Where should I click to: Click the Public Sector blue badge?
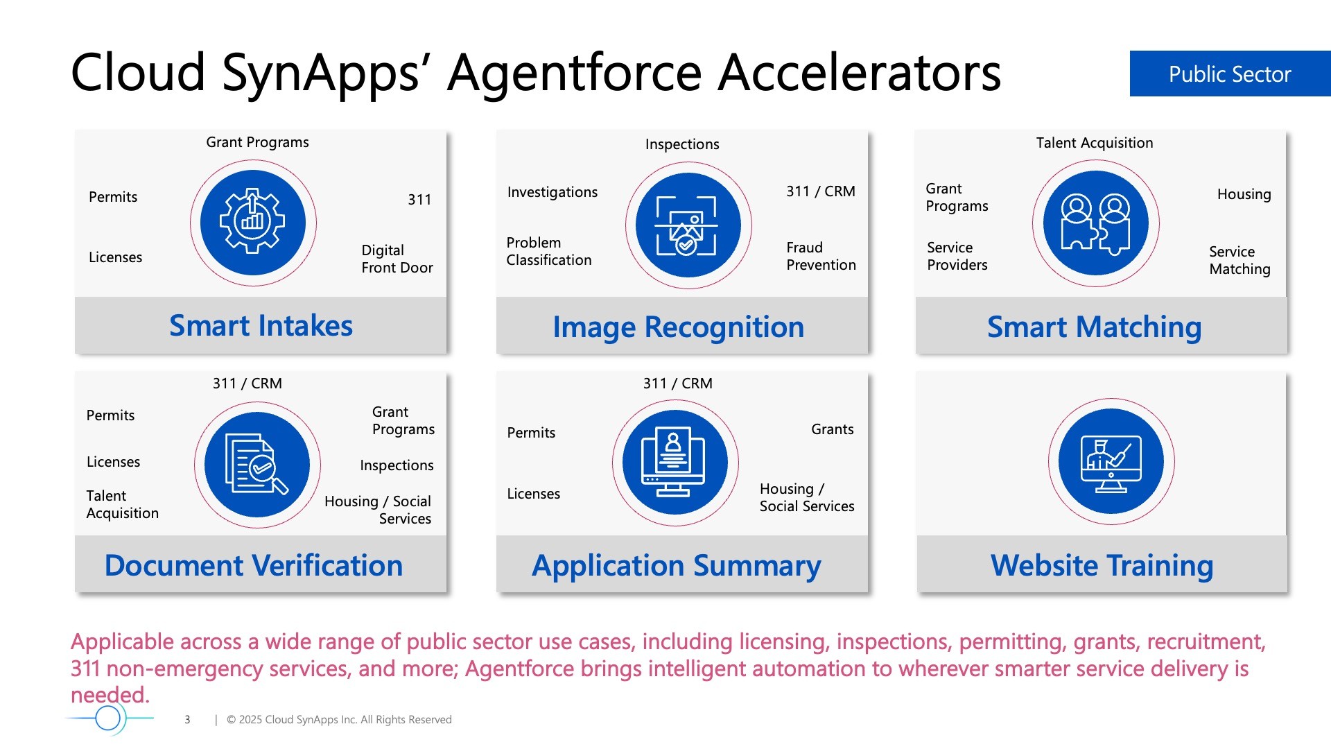tap(1230, 74)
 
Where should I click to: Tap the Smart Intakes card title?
tap(261, 325)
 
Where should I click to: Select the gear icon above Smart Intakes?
tap(253, 223)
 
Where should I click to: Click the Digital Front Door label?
tap(397, 259)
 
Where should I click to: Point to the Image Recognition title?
tap(678, 327)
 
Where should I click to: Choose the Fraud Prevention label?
tap(821, 256)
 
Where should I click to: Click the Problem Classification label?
tap(549, 251)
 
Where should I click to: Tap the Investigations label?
tap(552, 192)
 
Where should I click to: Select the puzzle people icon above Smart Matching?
tap(1096, 223)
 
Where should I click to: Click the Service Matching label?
tap(1239, 260)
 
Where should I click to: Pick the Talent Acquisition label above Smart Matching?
tap(1095, 143)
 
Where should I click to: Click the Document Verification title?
tap(254, 565)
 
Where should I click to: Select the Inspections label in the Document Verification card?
tap(397, 465)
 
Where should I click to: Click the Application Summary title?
tap(677, 566)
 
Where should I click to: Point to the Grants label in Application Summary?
tap(832, 429)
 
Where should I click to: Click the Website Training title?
tap(1102, 566)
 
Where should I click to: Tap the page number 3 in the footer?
tap(187, 720)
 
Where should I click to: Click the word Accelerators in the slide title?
tap(860, 72)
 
